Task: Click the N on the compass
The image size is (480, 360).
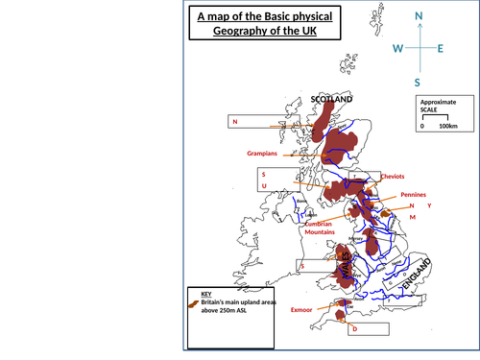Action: (x=418, y=16)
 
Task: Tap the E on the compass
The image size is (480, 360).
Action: (x=440, y=49)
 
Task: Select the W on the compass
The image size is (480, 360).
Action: (x=397, y=49)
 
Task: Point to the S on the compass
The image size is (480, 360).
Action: (x=418, y=83)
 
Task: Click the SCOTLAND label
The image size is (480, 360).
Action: (x=332, y=99)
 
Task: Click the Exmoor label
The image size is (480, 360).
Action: (x=302, y=310)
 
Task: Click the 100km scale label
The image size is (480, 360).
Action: (x=448, y=126)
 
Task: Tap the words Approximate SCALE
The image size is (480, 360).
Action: (x=438, y=106)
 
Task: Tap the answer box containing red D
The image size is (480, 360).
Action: (x=368, y=328)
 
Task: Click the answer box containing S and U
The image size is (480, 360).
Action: (x=279, y=179)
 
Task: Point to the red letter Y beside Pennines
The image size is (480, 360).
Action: (x=429, y=206)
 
